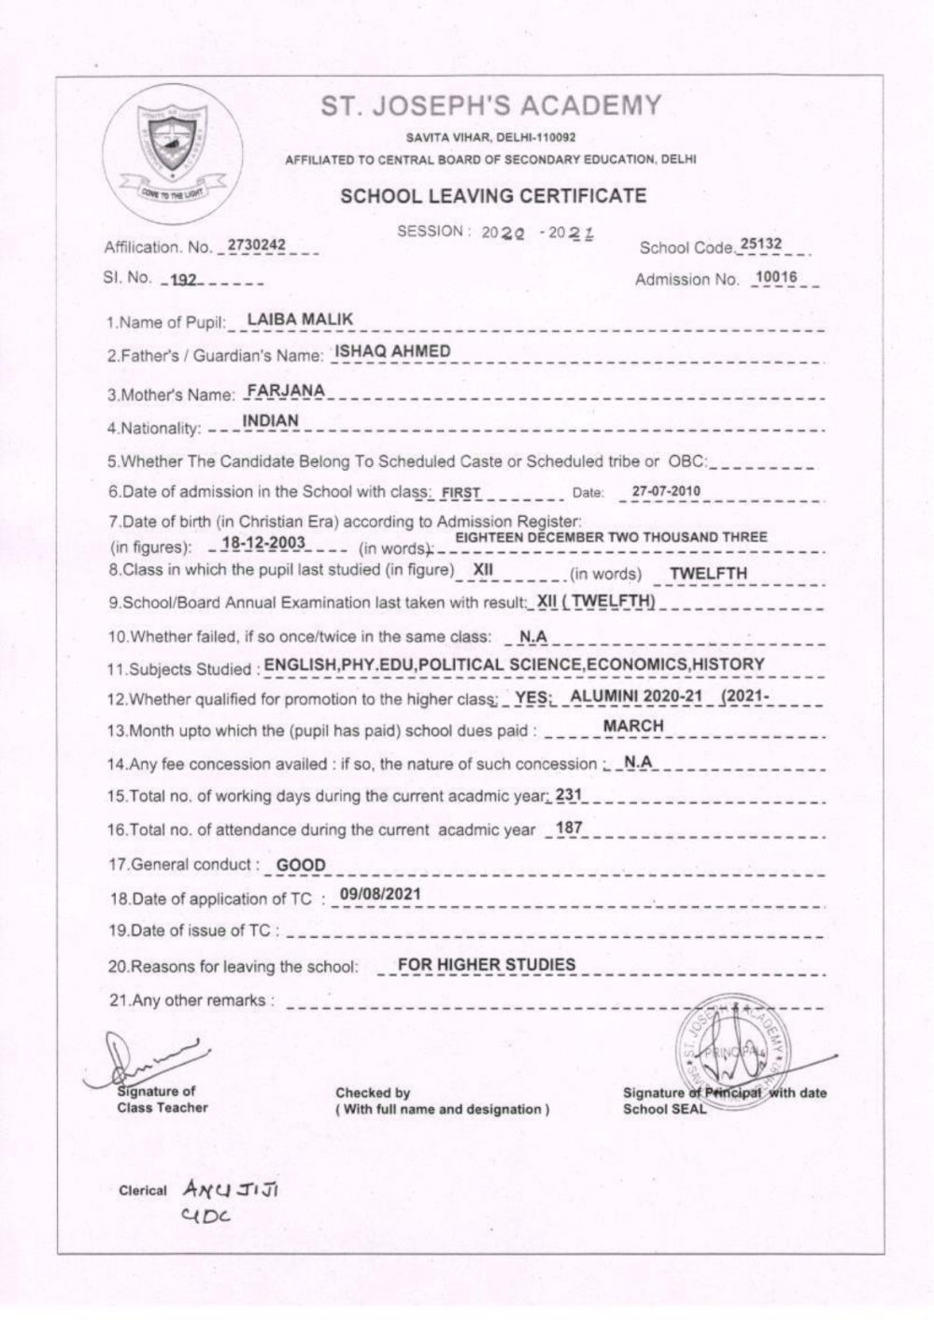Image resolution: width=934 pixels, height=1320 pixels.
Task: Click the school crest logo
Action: [x=172, y=149]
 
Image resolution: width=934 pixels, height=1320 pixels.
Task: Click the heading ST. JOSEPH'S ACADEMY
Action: [x=491, y=106]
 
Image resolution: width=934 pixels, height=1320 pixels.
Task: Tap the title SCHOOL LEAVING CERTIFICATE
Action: [x=493, y=196]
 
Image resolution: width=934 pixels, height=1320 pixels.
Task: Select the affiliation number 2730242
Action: [x=251, y=246]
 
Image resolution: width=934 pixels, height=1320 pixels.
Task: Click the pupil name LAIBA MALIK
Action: [x=300, y=319]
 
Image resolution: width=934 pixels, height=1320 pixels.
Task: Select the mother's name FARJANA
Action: [x=285, y=390]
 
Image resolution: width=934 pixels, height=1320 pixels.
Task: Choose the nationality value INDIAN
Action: [x=271, y=421]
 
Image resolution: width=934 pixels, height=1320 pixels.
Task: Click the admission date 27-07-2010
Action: [x=666, y=491]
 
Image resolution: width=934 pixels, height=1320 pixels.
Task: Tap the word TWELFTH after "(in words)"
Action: [x=709, y=574]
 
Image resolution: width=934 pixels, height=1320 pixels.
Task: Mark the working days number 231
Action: [x=568, y=795]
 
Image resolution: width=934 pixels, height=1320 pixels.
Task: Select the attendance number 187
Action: [x=569, y=828]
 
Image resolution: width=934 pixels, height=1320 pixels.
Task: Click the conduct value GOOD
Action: [x=302, y=865]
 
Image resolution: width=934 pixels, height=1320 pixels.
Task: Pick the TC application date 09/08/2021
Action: [x=380, y=894]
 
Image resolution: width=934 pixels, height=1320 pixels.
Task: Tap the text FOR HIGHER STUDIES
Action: [x=487, y=964]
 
